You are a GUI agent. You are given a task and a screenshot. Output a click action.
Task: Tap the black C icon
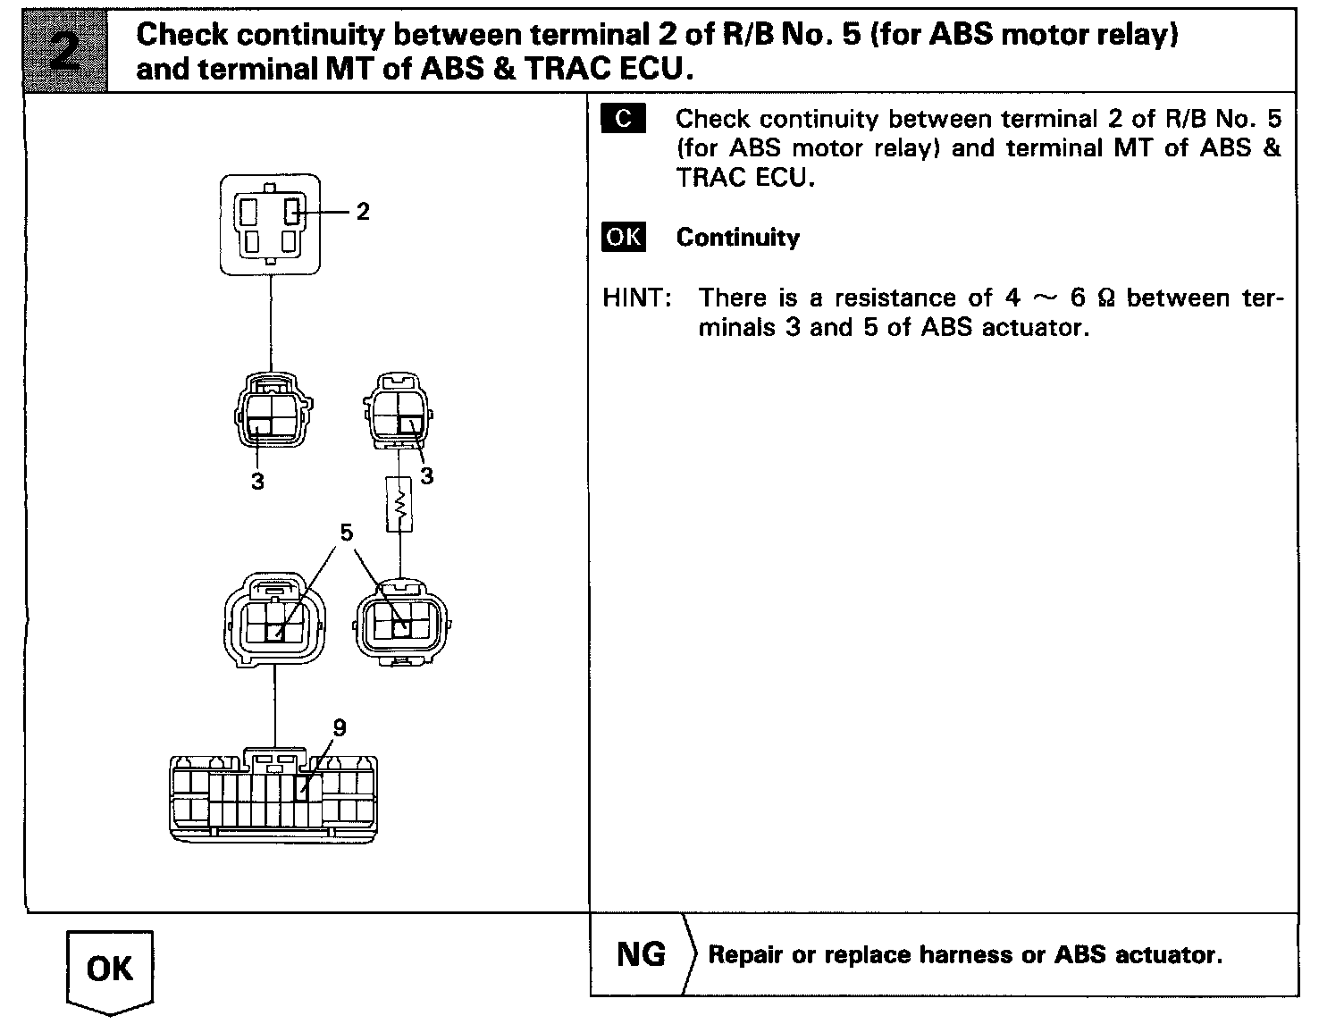click(x=623, y=119)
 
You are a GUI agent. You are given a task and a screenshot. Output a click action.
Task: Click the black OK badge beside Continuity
click(x=623, y=237)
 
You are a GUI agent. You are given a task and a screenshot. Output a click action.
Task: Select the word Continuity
click(x=737, y=238)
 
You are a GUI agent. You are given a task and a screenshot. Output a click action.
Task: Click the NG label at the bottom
click(x=641, y=954)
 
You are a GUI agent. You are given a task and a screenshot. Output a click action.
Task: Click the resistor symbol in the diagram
click(x=399, y=505)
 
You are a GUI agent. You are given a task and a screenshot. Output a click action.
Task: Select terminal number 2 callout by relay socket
click(x=362, y=212)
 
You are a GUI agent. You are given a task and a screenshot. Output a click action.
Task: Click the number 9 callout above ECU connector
click(x=339, y=728)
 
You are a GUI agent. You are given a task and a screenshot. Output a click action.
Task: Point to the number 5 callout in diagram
click(x=346, y=533)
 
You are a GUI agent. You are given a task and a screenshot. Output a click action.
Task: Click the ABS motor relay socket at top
click(x=269, y=224)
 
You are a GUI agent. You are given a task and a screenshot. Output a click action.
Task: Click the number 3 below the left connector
click(x=257, y=482)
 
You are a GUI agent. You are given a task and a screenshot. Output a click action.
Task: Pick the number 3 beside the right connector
click(x=426, y=477)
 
